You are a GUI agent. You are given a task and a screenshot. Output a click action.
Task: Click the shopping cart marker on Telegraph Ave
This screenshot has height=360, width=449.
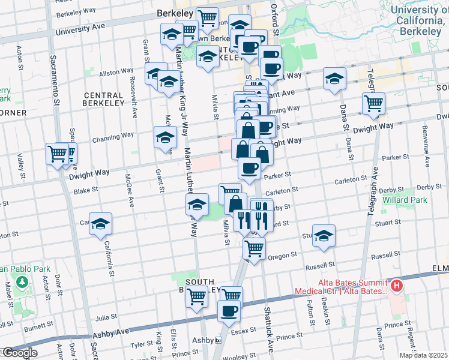[373, 104]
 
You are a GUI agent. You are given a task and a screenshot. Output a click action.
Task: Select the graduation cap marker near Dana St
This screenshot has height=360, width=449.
[334, 79]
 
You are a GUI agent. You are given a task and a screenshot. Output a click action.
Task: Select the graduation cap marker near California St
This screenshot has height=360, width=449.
[101, 224]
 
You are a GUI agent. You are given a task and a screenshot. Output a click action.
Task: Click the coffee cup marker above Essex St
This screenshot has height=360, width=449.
[229, 311]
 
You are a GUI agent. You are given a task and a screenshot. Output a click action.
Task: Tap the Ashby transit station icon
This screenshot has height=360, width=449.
[219, 340]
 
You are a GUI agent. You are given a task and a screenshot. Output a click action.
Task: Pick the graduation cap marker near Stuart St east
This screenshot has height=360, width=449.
[324, 235]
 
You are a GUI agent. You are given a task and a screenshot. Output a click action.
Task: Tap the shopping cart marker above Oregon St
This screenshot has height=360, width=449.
[255, 247]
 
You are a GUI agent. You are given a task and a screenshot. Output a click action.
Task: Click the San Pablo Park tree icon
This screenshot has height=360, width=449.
[22, 281]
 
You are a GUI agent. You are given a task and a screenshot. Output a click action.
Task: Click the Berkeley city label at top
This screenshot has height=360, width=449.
[174, 13]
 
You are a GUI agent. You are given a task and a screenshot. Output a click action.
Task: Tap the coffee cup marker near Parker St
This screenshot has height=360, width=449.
[249, 168]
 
